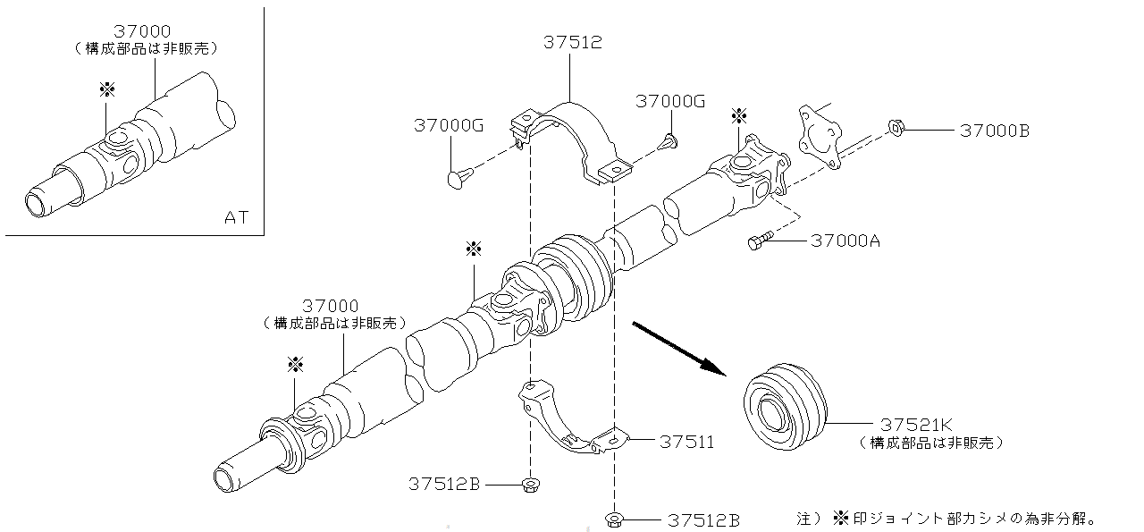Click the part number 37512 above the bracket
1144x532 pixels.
point(572,42)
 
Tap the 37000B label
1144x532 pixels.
point(994,131)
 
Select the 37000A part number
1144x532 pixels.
point(845,241)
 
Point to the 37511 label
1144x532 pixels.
point(686,442)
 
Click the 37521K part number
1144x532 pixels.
point(915,424)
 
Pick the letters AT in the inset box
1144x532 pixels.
point(236,216)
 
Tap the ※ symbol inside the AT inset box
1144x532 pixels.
point(107,89)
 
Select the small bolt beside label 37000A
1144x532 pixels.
point(758,241)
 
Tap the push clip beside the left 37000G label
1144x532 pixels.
point(457,177)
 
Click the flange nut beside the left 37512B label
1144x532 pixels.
point(530,485)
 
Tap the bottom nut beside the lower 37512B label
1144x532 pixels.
point(613,519)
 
